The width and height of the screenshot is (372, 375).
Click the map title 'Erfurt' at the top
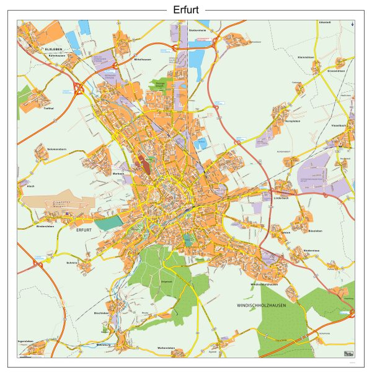[x=186, y=9]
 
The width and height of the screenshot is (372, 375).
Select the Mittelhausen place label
[x=143, y=59]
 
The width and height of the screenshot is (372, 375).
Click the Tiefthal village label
[x=48, y=108]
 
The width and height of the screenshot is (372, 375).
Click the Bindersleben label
[x=46, y=227]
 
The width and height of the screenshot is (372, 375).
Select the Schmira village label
[x=71, y=263]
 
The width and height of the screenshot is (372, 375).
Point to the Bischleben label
[x=102, y=313]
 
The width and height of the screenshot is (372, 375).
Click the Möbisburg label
[x=104, y=343]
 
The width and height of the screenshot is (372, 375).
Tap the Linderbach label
[x=281, y=198]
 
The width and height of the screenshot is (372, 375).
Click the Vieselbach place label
[x=339, y=125]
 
